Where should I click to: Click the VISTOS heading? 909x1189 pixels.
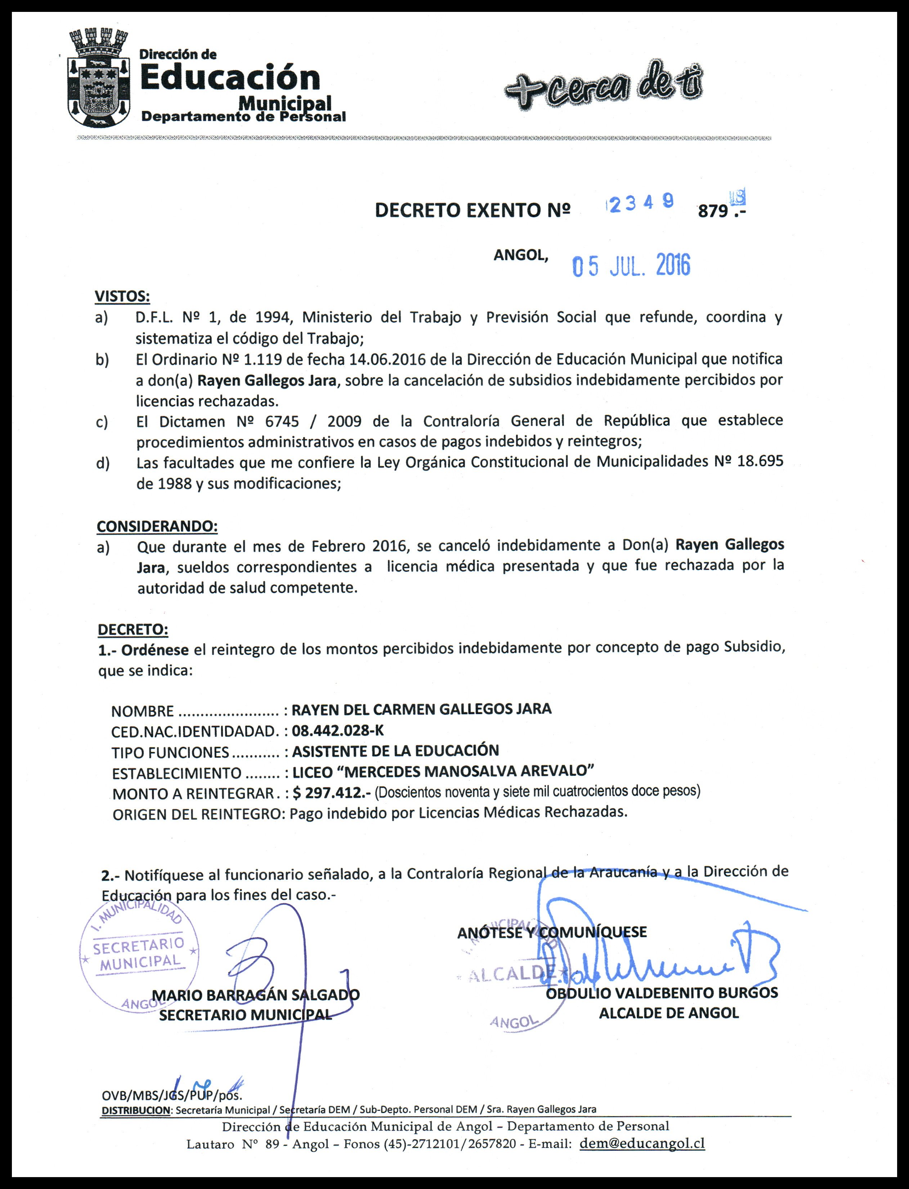(122, 296)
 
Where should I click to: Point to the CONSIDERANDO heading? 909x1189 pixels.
(157, 526)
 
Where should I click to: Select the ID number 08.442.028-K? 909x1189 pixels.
(337, 731)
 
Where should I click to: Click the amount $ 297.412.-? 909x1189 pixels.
(331, 793)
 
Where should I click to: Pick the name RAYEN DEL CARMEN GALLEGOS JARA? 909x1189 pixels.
(421, 709)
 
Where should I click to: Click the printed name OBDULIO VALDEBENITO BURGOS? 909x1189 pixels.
(662, 993)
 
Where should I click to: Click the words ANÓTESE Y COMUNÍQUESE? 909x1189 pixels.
(552, 932)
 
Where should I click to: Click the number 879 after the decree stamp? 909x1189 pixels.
(713, 211)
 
